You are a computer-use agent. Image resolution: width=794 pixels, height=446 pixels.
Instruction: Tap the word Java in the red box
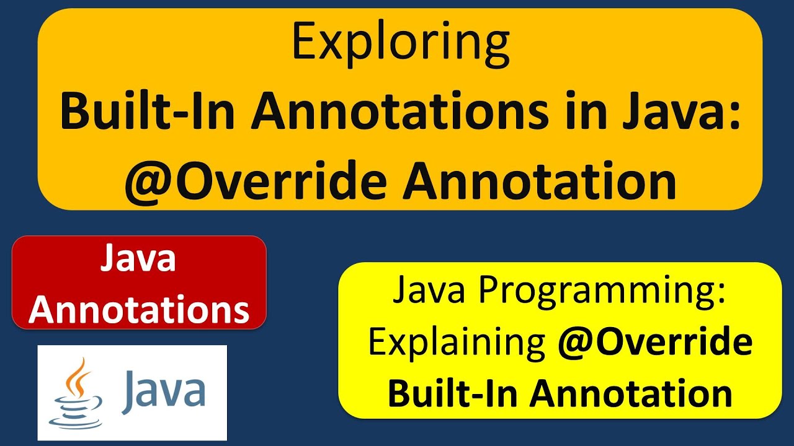point(138,260)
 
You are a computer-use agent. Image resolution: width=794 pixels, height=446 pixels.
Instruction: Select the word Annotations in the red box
point(139,310)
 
